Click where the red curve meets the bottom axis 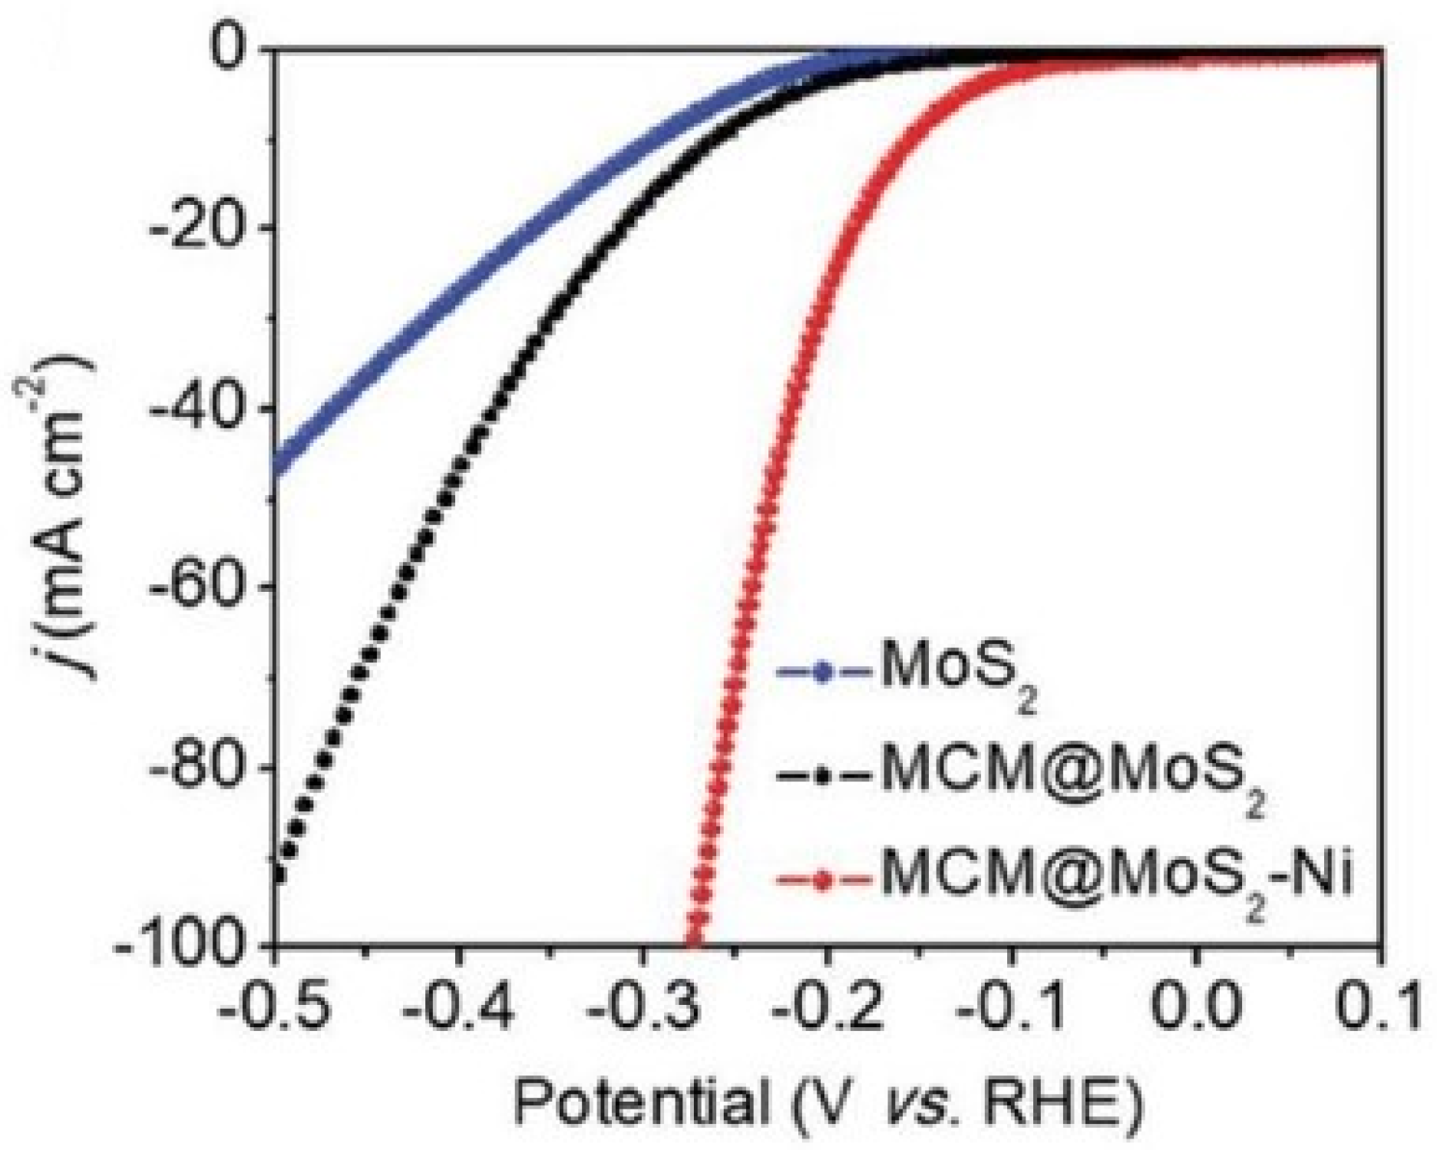click(694, 943)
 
